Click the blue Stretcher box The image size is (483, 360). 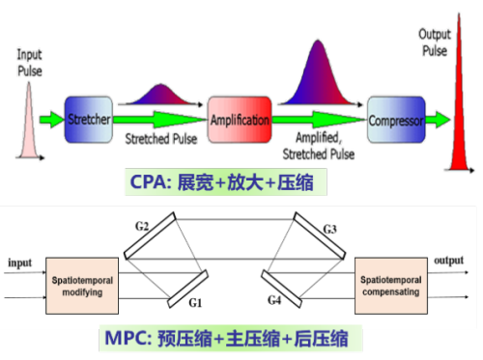point(89,120)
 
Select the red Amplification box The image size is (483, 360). point(240,120)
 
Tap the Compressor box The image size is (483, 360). point(396,120)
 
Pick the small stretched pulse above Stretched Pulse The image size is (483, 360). point(160,95)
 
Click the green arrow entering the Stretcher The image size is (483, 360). point(51,120)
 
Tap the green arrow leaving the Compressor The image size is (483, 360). point(438,120)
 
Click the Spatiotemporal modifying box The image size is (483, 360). point(82,286)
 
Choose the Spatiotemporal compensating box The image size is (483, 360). point(391,286)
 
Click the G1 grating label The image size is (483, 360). point(195,303)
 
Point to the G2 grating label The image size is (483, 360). point(142,226)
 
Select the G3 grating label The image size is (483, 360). point(329,230)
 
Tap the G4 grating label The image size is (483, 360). point(274,300)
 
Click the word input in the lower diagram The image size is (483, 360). point(20,263)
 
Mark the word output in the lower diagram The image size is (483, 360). point(448,261)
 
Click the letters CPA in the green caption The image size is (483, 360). point(147,182)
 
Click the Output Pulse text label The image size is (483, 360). point(435,42)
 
